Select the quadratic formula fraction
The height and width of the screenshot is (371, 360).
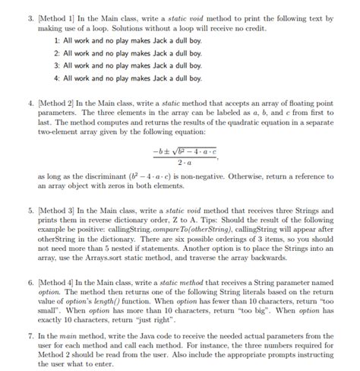185,154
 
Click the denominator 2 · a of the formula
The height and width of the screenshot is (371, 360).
185,162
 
